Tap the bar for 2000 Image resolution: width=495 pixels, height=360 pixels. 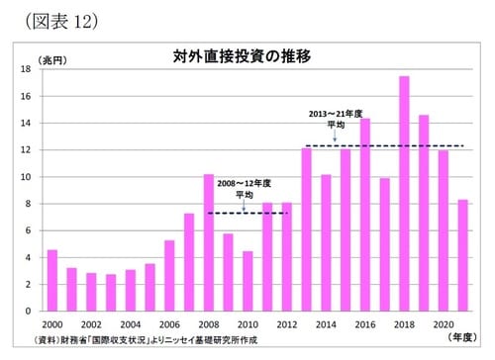(x=52, y=280)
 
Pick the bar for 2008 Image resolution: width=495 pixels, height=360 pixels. (x=209, y=242)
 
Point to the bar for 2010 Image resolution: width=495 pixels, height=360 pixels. (x=247, y=281)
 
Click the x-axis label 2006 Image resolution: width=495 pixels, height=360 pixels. (x=169, y=323)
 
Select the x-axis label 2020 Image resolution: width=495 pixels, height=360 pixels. (x=444, y=323)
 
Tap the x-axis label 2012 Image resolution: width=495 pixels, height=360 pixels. (x=287, y=323)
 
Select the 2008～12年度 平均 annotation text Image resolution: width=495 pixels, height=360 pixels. (x=244, y=188)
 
